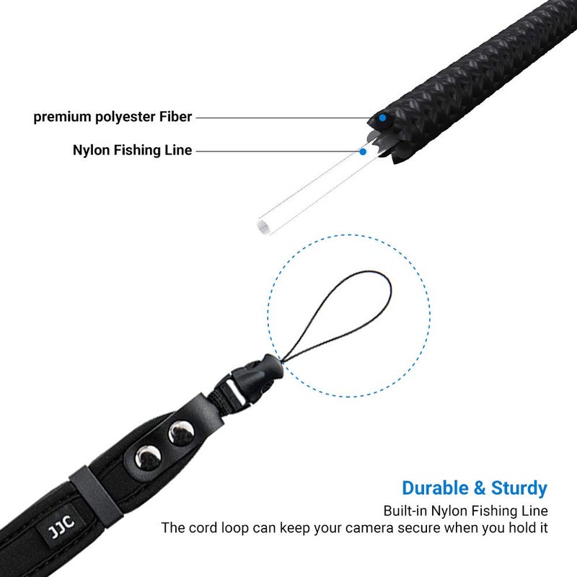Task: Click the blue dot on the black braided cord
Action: click(x=383, y=118)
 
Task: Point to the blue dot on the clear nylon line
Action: click(x=363, y=151)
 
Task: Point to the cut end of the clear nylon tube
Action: click(x=263, y=226)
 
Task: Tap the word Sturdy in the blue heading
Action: click(x=519, y=488)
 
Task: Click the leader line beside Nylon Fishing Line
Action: click(x=274, y=151)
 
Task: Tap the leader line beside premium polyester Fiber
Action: click(x=281, y=118)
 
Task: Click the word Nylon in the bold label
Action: click(x=89, y=151)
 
